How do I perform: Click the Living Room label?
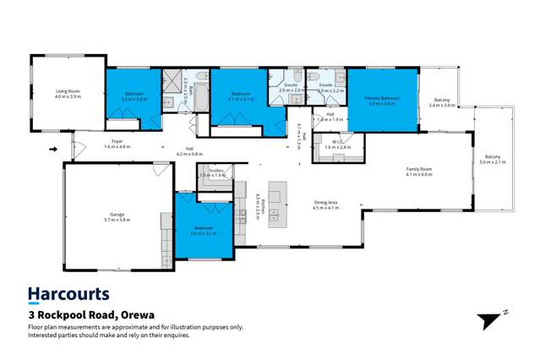point(68,92)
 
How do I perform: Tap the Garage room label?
point(117,215)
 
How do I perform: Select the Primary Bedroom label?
point(382,98)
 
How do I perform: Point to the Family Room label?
point(418,169)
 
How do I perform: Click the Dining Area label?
point(325,203)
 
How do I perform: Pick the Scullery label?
point(215,171)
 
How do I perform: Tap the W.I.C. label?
point(336,142)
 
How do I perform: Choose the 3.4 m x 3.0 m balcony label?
point(442,100)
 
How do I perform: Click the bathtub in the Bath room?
point(202,100)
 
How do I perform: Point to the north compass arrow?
point(490,320)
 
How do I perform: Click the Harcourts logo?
point(68,294)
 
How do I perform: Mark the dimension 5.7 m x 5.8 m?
point(117,220)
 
